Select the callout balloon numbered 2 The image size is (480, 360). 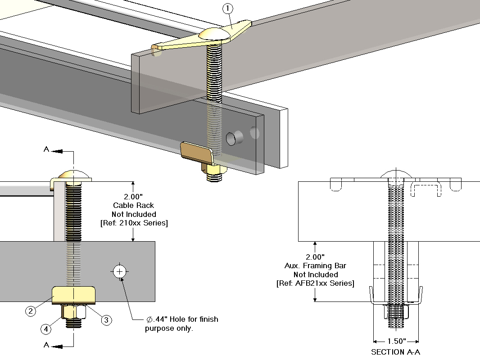(31, 310)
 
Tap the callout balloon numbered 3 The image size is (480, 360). (106, 320)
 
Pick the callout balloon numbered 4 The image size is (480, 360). (46, 329)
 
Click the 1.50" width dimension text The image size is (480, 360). (396, 341)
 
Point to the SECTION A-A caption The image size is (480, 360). (395, 352)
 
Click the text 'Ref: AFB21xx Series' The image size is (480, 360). (315, 283)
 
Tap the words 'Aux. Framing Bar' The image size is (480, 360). (315, 266)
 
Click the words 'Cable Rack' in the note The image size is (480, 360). (134, 206)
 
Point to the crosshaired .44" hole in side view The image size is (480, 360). (119, 271)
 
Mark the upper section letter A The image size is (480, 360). (46, 149)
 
